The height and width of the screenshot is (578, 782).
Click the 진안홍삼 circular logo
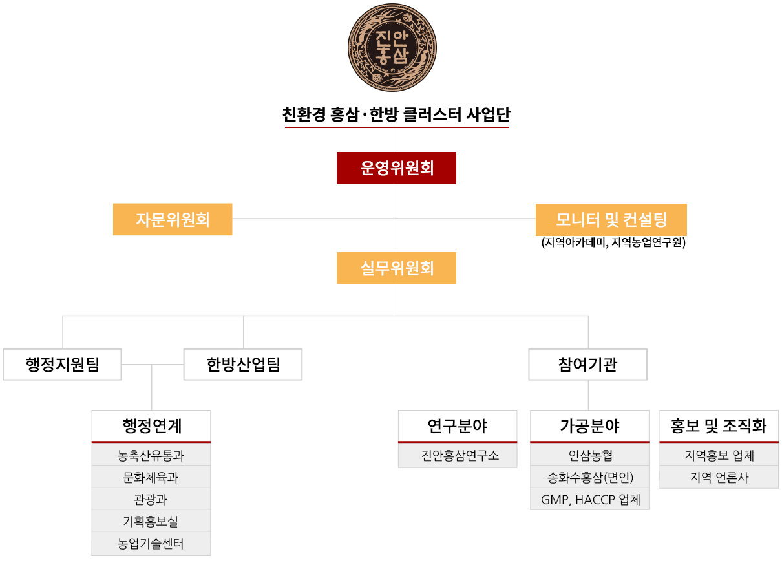pos(392,47)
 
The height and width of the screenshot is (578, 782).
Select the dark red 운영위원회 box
pos(396,168)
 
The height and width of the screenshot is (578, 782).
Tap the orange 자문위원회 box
pos(173,219)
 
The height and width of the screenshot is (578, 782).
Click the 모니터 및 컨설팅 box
pos(611,220)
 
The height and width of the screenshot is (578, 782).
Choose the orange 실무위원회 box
pos(396,268)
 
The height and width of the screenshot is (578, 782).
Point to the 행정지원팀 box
pos(62,365)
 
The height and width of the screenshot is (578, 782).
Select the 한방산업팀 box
pos(243,365)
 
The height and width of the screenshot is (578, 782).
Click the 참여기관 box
pos(587,365)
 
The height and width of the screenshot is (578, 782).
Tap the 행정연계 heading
pos(151,426)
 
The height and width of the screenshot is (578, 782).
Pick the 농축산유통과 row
pos(151,456)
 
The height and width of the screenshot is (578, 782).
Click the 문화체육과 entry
pos(151,478)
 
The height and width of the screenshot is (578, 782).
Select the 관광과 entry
pos(151,500)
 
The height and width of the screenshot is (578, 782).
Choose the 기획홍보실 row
pos(151,522)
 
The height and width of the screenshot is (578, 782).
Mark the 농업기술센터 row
pos(151,544)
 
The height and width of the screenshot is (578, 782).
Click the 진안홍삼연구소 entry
pos(458,456)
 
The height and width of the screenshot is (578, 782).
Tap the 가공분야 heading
pos(589,426)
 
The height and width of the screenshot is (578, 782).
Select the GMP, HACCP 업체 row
pos(589,500)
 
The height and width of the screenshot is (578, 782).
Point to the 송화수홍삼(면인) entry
pos(589,478)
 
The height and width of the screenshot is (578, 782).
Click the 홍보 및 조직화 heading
pos(719,426)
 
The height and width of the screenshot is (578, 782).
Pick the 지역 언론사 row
pos(719,478)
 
